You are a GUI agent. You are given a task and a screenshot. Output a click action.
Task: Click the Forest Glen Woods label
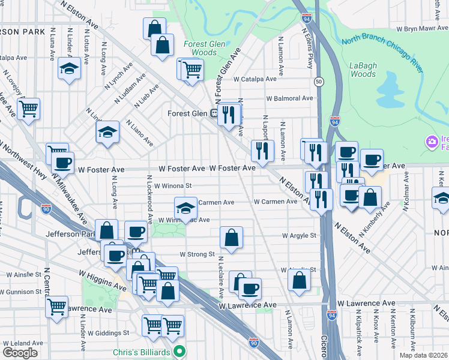point(204,48)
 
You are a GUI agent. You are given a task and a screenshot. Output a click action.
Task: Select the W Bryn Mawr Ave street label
point(421,28)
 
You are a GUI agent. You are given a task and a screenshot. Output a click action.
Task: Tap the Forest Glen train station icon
point(214,113)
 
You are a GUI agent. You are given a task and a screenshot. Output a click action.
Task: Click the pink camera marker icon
point(431,142)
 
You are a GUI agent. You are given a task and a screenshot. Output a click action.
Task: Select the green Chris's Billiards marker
point(178,351)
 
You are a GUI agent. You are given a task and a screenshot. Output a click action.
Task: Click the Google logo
point(20,352)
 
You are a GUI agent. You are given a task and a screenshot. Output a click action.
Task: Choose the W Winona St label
point(172,186)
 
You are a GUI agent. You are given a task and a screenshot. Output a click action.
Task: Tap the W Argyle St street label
point(300,236)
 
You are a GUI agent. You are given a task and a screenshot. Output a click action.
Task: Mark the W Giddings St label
point(109,332)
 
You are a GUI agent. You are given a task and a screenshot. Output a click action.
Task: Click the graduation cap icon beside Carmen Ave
point(186,208)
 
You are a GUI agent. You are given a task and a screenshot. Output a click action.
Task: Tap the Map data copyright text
point(423,355)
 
